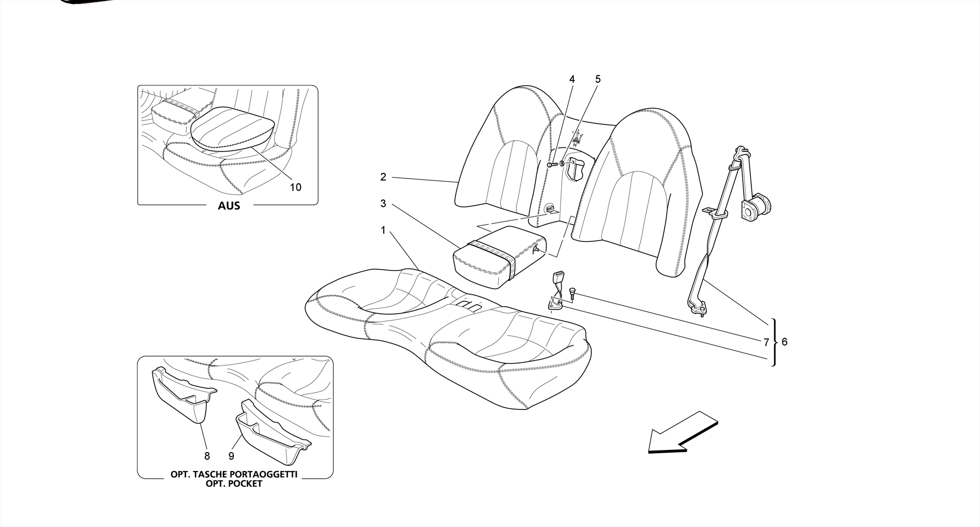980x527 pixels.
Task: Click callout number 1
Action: [x=383, y=231]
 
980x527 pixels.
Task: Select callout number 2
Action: [x=383, y=177]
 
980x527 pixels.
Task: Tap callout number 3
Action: [x=383, y=204]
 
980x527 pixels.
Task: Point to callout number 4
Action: [x=572, y=79]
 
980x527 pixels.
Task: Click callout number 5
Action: [x=598, y=79]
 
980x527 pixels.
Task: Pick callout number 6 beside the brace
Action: [x=784, y=342]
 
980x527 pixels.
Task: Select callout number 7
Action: [x=766, y=342]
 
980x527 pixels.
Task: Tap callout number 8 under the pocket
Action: [x=207, y=456]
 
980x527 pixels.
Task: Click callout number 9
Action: [x=231, y=456]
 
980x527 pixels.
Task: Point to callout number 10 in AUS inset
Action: [x=296, y=187]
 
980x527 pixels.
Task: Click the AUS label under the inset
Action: [x=229, y=206]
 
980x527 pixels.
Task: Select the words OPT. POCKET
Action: [x=234, y=483]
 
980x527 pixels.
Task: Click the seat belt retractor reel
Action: [x=755, y=208]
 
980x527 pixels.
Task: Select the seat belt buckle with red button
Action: [x=558, y=278]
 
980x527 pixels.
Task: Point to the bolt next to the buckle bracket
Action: [x=573, y=294]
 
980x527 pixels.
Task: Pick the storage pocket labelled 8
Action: [x=182, y=395]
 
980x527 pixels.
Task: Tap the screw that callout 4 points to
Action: [x=551, y=165]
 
